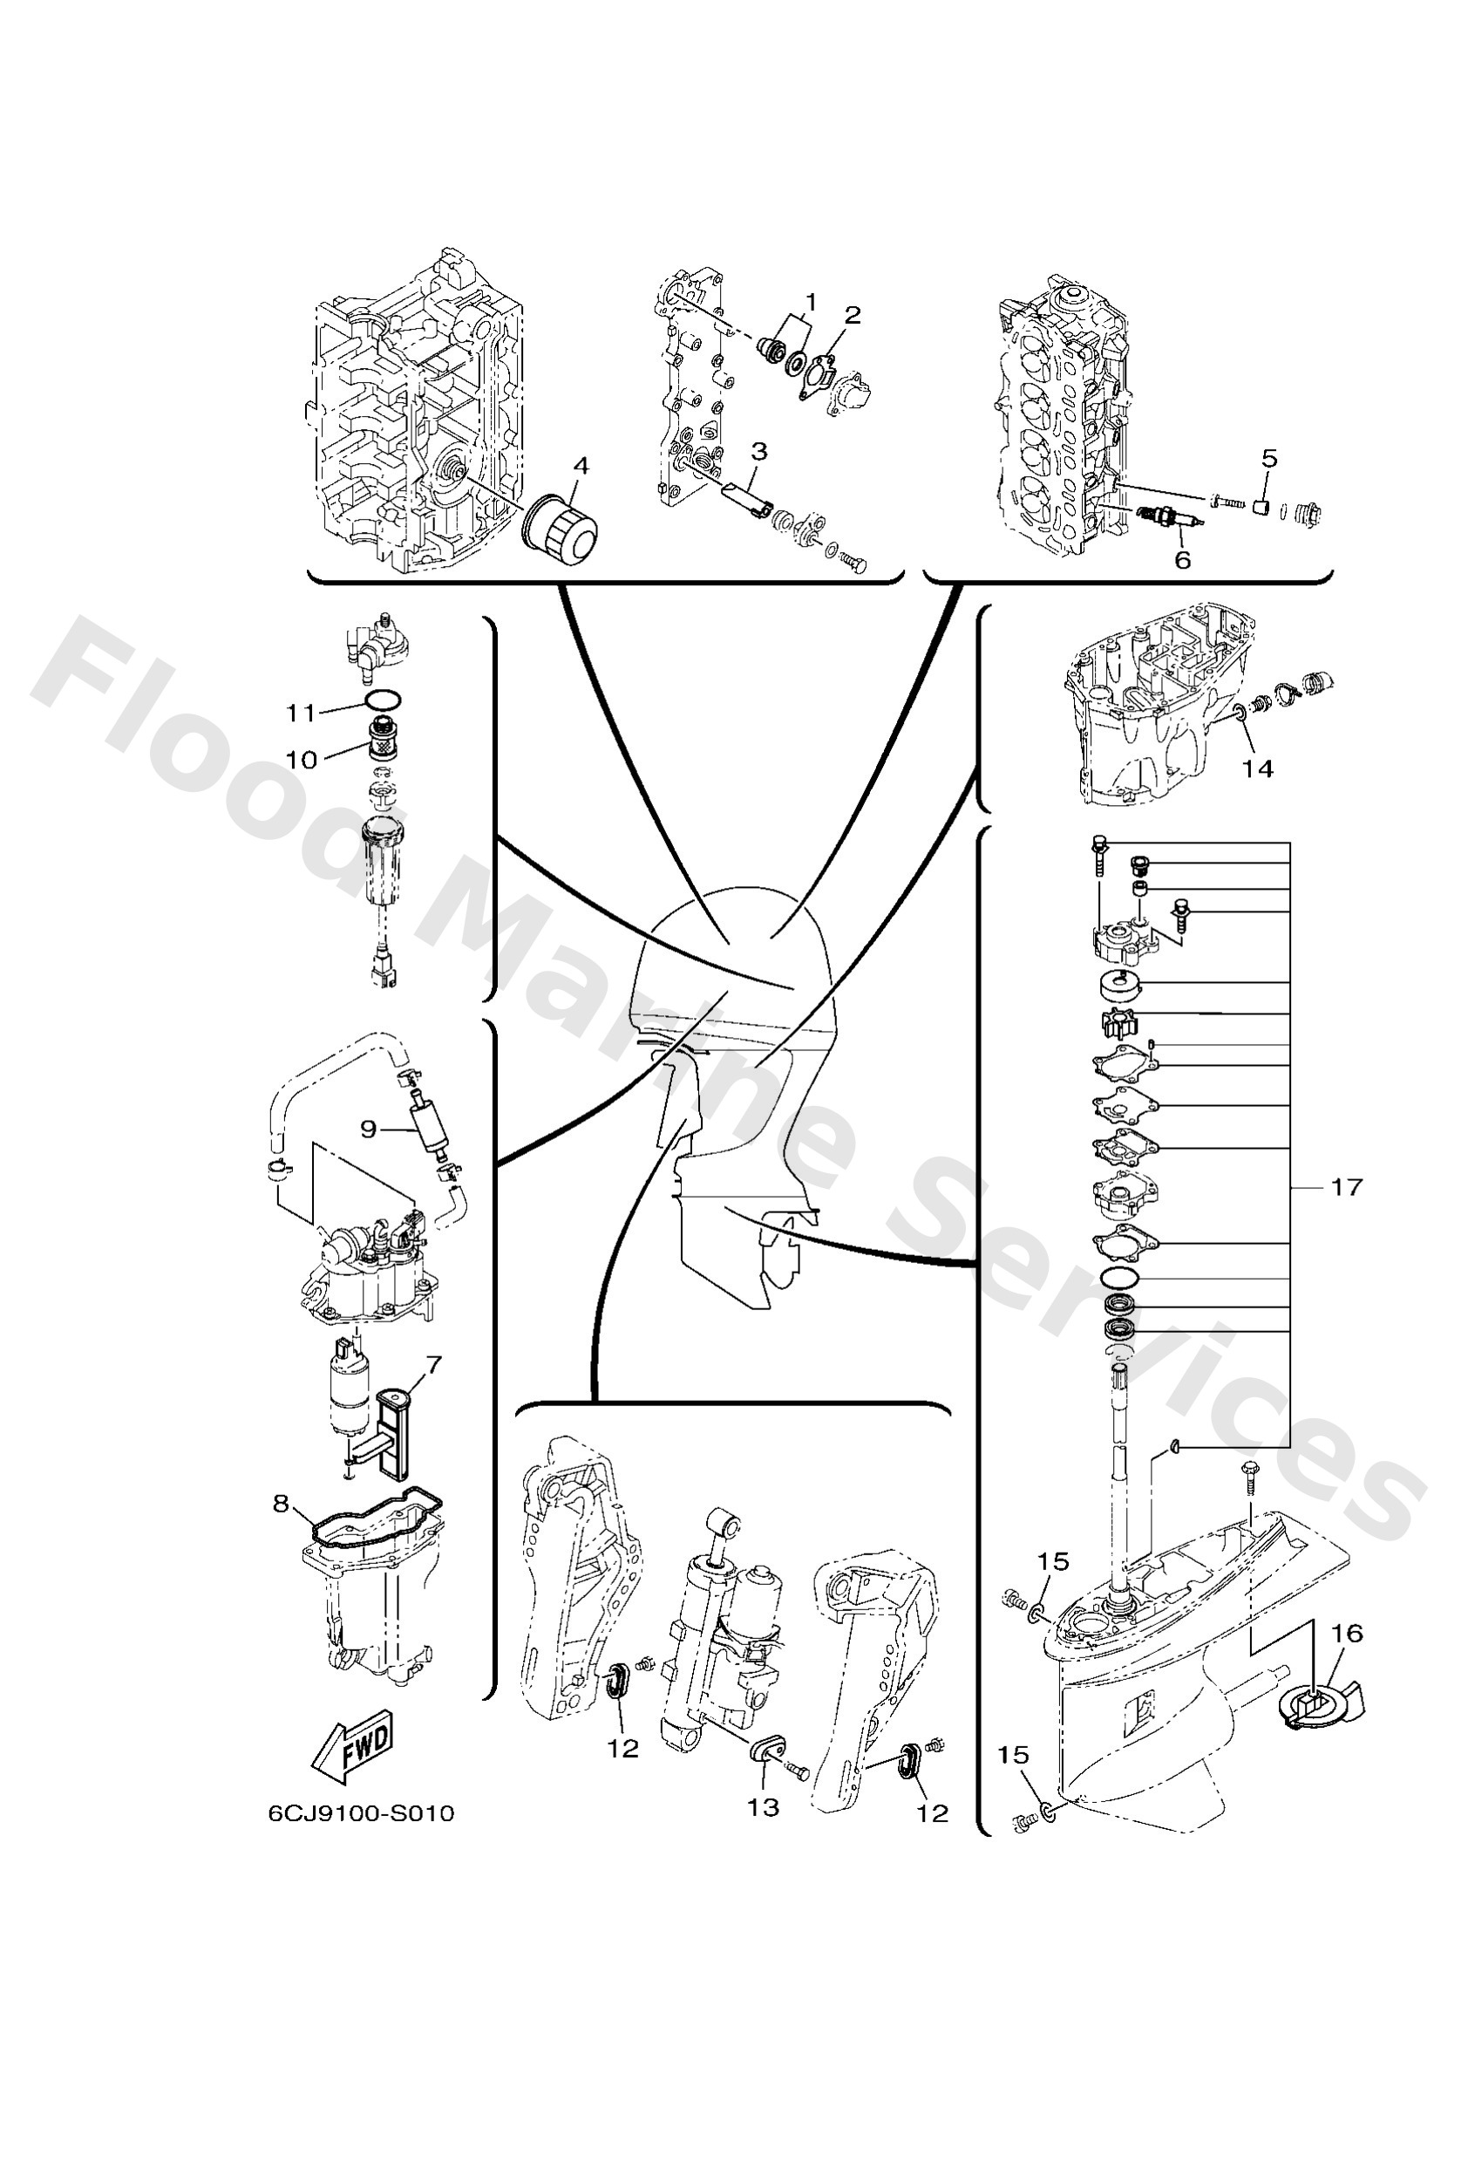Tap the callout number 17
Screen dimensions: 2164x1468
1346,1187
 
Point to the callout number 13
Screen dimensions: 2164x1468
763,1806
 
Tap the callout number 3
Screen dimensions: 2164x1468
759,452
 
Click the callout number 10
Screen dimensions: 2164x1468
301,759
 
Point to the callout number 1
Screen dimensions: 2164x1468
810,302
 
